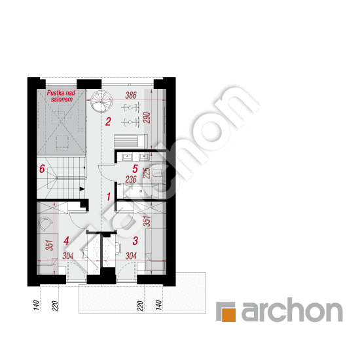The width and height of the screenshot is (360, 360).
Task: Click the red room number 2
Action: (x=108, y=122)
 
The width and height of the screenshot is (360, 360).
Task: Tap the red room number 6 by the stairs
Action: (x=42, y=169)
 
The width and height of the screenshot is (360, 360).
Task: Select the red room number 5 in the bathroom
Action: (x=135, y=169)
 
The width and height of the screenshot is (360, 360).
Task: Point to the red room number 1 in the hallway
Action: (x=109, y=197)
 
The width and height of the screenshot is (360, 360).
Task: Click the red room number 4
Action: (x=66, y=241)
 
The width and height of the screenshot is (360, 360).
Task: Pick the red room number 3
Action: (x=135, y=241)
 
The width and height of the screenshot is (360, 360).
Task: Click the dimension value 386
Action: (x=131, y=95)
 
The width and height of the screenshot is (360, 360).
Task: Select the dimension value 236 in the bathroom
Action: (x=131, y=179)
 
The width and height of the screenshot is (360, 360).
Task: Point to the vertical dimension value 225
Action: (x=147, y=173)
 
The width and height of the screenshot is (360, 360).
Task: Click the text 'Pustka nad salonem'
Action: (x=61, y=96)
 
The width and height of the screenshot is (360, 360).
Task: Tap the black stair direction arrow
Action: (x=82, y=189)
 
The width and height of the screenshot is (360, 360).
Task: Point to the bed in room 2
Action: (x=131, y=141)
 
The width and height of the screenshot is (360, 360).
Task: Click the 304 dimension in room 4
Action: (x=68, y=256)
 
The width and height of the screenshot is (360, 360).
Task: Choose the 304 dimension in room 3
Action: (x=131, y=256)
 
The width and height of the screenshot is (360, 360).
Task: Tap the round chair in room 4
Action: (x=45, y=224)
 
